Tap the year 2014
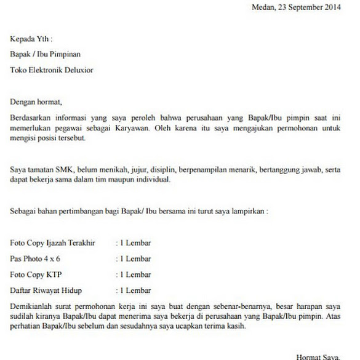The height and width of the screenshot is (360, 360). [x=330, y=7]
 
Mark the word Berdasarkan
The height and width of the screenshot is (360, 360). [x=31, y=117]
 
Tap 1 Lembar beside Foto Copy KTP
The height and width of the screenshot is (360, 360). [x=134, y=274]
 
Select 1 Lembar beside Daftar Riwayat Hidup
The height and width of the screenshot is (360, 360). [x=134, y=289]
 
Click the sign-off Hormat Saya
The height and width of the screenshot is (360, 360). [x=318, y=356]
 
